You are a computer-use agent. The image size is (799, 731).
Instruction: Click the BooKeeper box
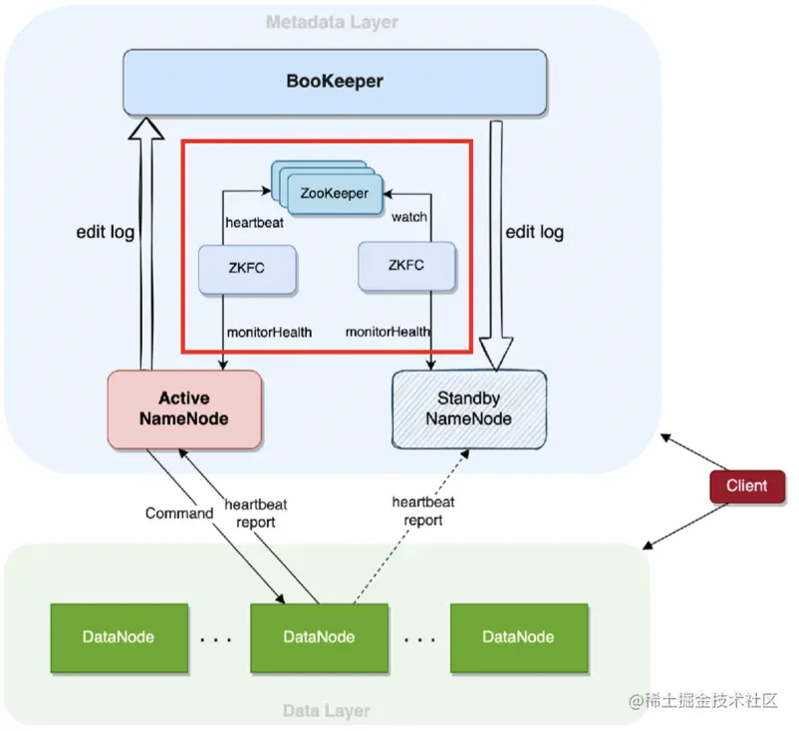[x=334, y=81]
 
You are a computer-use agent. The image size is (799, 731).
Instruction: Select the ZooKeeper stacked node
[x=332, y=192]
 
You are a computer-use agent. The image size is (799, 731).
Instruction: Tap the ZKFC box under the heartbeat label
[x=246, y=268]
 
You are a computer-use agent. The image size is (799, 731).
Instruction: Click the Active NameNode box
[x=183, y=408]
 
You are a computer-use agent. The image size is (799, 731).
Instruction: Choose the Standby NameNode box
[x=468, y=408]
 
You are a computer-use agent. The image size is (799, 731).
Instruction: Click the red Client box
[x=746, y=486]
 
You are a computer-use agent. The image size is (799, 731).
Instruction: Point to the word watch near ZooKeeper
[x=409, y=216]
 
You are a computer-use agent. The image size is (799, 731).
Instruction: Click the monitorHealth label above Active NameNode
[x=268, y=332]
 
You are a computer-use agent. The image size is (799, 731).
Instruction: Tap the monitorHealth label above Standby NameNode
[x=389, y=331]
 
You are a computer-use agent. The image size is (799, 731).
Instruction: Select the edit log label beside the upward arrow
[x=106, y=232]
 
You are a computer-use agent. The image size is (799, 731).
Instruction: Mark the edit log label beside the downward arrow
[x=535, y=232]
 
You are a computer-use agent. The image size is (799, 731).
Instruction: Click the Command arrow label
[x=179, y=514]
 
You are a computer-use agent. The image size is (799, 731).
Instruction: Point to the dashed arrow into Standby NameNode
[x=408, y=528]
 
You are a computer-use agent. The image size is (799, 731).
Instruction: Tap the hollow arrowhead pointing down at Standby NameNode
[x=495, y=352]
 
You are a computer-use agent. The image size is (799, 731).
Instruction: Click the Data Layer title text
[x=326, y=711]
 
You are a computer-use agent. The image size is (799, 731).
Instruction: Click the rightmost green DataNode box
[x=518, y=636]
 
